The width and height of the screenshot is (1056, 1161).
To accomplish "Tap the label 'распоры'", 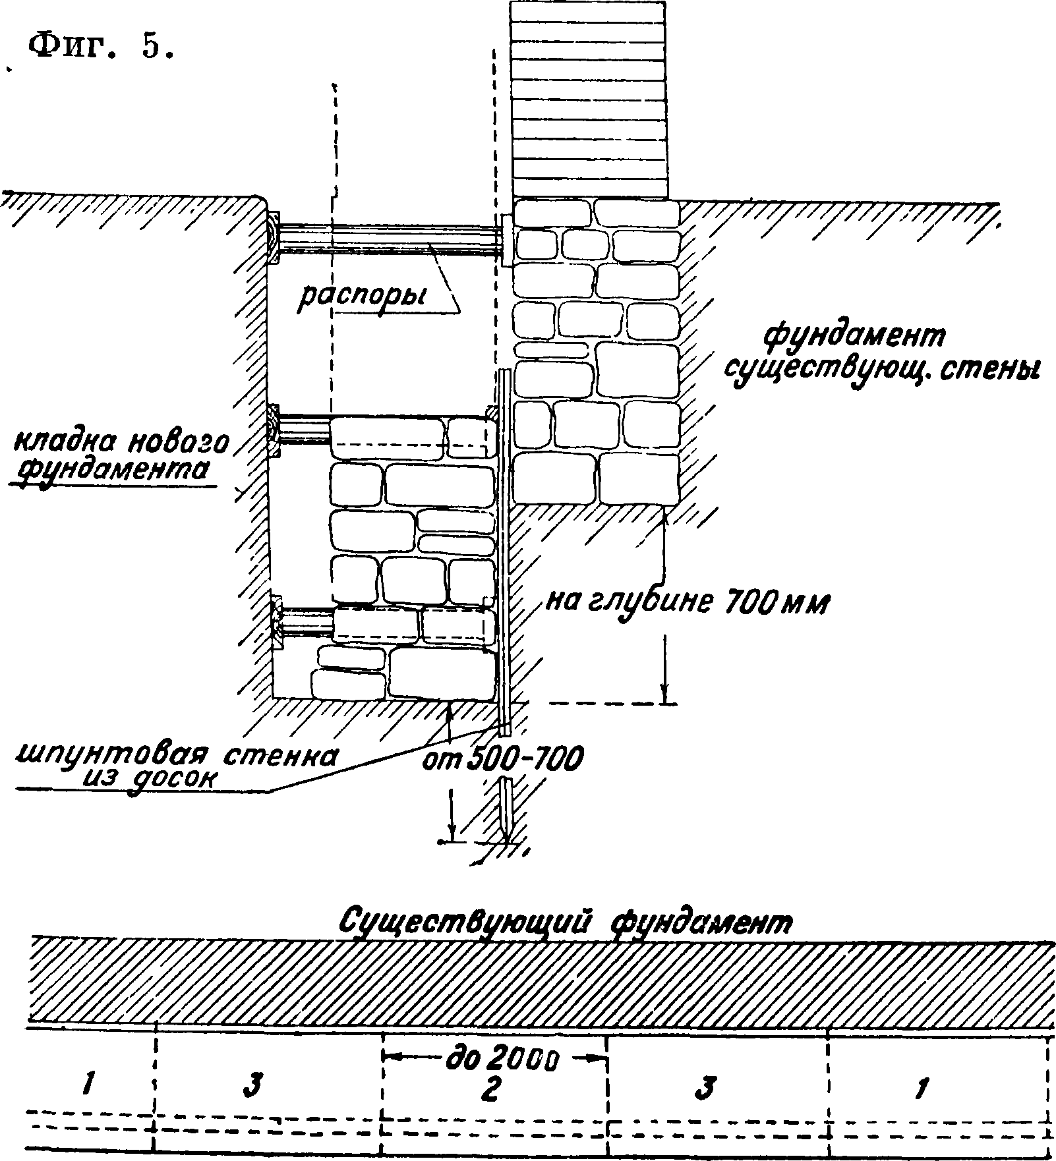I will click(362, 297).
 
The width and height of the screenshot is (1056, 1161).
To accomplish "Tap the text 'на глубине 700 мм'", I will click(686, 602).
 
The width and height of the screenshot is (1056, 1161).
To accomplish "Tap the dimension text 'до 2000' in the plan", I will click(501, 1058).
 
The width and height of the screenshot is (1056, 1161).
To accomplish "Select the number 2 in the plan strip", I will click(488, 1089).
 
